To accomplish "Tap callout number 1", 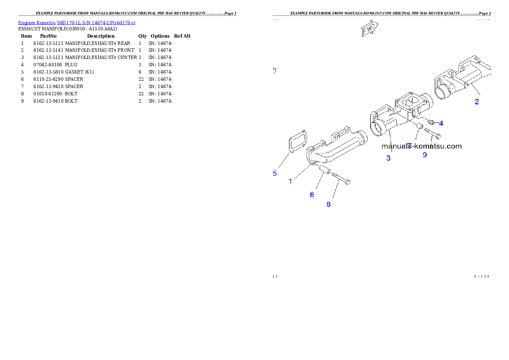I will (290, 181).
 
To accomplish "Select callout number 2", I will (476, 102).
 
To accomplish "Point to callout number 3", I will (388, 158).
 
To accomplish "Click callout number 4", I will (441, 123).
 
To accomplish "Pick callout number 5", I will (275, 173).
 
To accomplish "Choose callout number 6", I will (312, 195).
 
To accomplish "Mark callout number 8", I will (328, 204).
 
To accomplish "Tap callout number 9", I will (425, 155).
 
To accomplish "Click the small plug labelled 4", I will (431, 122).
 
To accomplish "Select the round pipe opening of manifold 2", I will (443, 91).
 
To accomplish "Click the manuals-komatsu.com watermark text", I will (422, 146).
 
